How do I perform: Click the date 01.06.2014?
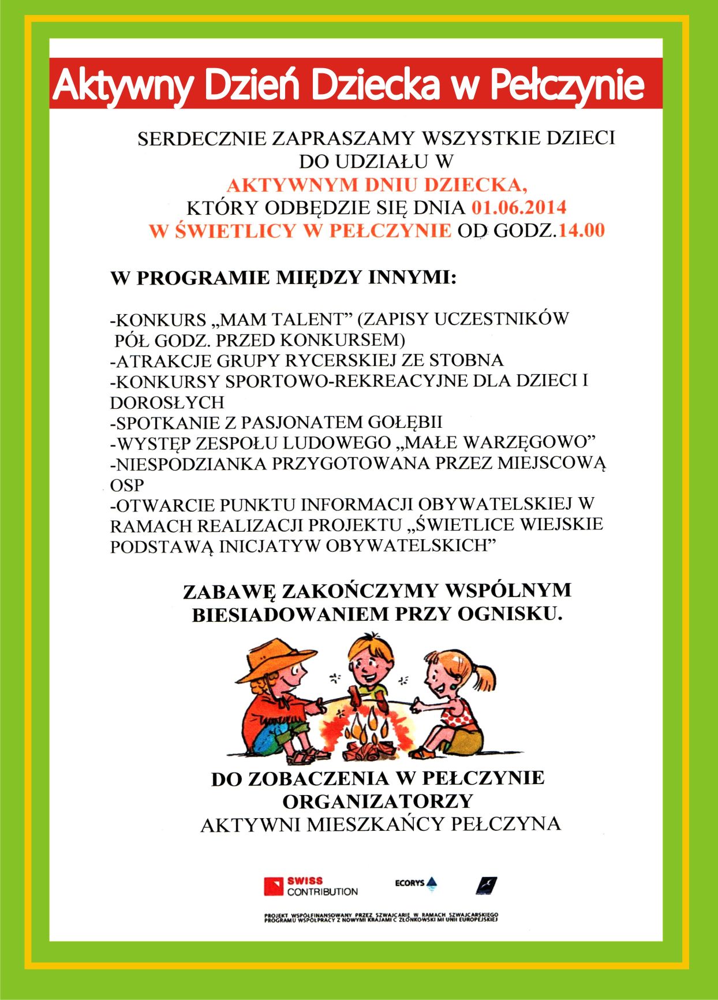pos(519,208)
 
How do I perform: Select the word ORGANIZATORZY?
pos(377,801)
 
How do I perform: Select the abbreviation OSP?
pos(126,485)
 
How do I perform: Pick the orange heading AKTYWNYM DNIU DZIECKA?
pos(376,185)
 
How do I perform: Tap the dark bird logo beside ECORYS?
pos(486,885)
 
